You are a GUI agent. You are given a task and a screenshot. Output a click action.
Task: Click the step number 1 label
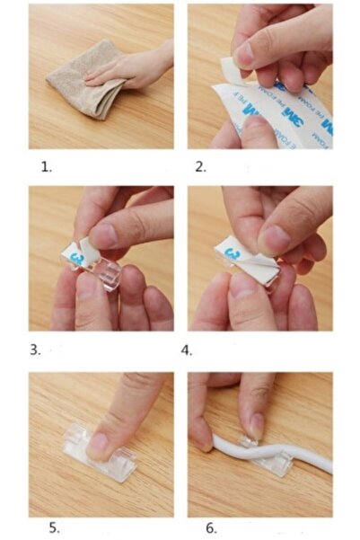47,166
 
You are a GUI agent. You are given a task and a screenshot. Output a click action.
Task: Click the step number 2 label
201,166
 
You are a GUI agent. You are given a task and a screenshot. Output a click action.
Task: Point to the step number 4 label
187,349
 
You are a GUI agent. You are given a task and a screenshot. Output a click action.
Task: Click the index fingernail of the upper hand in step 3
104,235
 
